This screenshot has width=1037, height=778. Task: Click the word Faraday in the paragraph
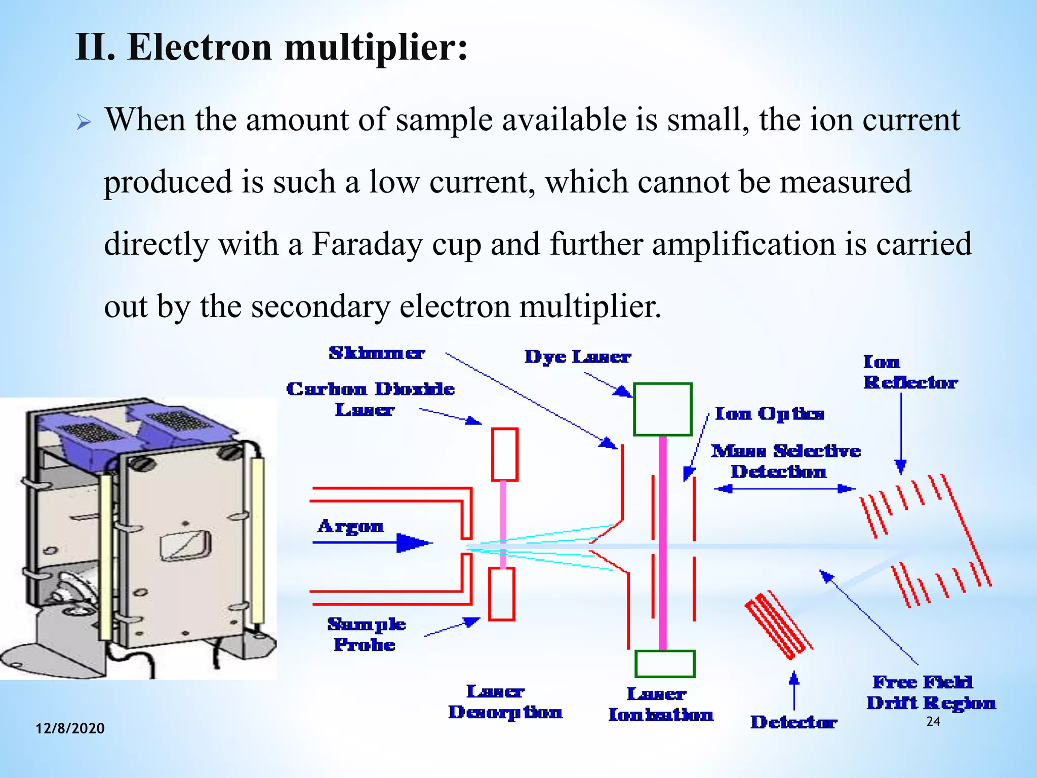pyautogui.click(x=367, y=244)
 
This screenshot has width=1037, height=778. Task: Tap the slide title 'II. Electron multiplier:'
pyautogui.click(x=271, y=47)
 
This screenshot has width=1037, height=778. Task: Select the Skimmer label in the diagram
pyautogui.click(x=377, y=353)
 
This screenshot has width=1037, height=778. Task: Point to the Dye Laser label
pyautogui.click(x=577, y=357)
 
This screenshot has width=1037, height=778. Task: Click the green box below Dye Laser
pyautogui.click(x=662, y=409)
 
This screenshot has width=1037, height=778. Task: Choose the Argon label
pyautogui.click(x=350, y=527)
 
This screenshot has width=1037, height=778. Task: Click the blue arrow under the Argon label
pyautogui.click(x=372, y=543)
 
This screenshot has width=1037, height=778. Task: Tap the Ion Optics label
pyautogui.click(x=769, y=414)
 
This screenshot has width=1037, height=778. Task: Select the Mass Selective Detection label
pyautogui.click(x=785, y=461)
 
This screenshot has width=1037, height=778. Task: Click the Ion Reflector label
pyautogui.click(x=910, y=372)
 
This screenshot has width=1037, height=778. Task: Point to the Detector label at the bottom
pyautogui.click(x=793, y=722)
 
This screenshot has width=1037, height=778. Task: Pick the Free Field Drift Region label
pyautogui.click(x=931, y=692)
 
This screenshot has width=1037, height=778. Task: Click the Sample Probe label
pyautogui.click(x=366, y=634)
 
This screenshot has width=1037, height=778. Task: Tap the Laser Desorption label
pyautogui.click(x=505, y=702)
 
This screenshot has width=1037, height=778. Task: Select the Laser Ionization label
pyautogui.click(x=660, y=704)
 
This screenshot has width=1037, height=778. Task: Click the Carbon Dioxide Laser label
pyautogui.click(x=370, y=399)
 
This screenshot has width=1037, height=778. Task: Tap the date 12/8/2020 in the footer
pyautogui.click(x=70, y=728)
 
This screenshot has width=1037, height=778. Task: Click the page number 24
pyautogui.click(x=933, y=722)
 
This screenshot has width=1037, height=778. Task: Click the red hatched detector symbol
pyautogui.click(x=778, y=625)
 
